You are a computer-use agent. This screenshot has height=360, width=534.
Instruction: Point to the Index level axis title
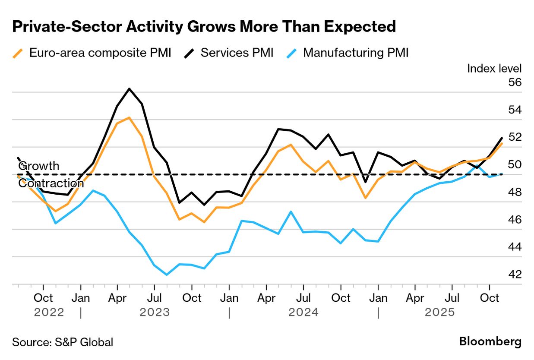pos(494,68)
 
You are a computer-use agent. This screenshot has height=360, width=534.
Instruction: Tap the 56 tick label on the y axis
pos(515,82)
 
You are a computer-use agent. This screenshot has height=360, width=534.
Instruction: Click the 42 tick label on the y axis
pos(515,275)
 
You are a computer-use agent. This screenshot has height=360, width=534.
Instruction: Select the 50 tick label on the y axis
pos(515,164)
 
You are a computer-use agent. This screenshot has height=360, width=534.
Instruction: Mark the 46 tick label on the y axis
pos(515,220)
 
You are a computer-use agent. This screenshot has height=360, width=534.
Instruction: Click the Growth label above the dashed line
pos(39,166)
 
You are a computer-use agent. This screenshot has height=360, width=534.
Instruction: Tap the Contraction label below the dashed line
pos(51,183)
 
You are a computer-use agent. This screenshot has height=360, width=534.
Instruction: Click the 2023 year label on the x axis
pos(155,312)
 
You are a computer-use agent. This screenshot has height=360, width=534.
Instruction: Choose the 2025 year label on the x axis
pos(439,312)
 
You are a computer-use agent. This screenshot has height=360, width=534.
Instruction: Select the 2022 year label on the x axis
pos(49,312)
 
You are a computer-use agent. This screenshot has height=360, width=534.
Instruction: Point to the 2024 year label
pos(303,312)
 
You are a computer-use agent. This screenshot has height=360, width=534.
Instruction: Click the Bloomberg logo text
pos(490,342)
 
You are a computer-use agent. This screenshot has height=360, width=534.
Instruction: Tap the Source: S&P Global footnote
pos(63,342)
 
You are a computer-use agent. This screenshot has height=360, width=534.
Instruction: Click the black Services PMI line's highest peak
pos(129,89)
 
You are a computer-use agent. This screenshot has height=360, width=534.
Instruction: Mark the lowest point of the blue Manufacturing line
pos(167,275)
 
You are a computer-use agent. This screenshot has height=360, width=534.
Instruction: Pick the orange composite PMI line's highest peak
pos(129,117)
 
